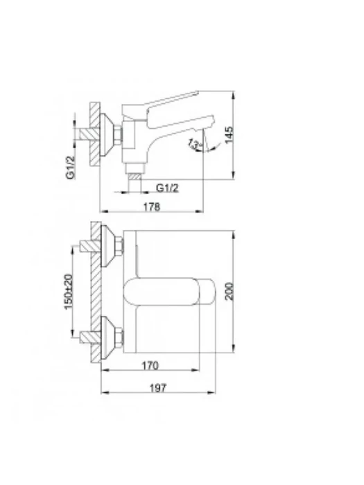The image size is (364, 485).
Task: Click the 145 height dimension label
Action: tap(229, 135)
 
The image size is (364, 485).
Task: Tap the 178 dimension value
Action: tap(152, 206)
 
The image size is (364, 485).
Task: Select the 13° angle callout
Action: tap(193, 144)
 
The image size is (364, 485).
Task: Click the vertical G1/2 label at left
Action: tap(71, 168)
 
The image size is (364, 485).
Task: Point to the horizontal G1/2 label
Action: tap(167, 188)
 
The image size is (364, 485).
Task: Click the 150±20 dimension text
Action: tap(69, 292)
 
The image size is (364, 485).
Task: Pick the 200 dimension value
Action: tap(229, 291)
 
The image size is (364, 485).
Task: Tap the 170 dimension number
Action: tap(150, 366)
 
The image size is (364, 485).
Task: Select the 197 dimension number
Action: tap(158, 388)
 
